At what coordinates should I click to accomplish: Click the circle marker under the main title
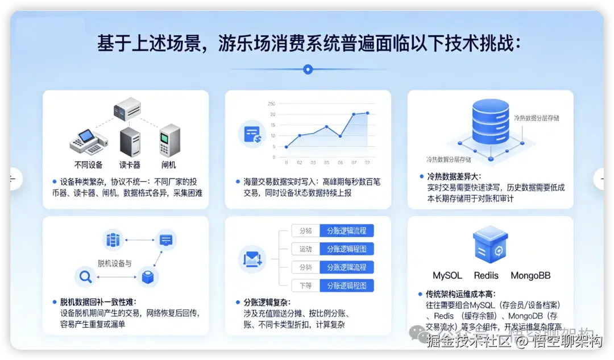308,69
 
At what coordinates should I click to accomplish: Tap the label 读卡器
130,165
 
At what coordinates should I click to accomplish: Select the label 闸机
169,165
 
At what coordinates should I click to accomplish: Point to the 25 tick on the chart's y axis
271,104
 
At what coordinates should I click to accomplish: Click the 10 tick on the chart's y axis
273,136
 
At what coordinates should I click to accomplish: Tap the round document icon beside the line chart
251,134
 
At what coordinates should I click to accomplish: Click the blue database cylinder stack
491,122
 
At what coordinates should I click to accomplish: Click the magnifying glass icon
86,277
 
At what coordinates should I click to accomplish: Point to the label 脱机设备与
114,263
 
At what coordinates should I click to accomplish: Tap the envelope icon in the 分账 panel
251,260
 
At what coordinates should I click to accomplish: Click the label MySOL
447,276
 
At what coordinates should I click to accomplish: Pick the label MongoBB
530,276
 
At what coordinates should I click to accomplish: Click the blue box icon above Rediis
490,245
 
